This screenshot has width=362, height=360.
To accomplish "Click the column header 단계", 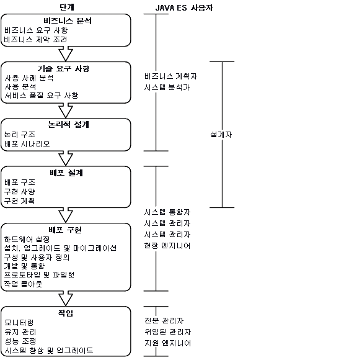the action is point(67,7).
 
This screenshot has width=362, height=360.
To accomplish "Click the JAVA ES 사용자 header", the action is point(183,8).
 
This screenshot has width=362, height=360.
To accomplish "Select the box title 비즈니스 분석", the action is point(68,21).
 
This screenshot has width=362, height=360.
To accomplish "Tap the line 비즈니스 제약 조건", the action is point(35,39).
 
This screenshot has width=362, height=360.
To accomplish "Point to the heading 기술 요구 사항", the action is point(63,68).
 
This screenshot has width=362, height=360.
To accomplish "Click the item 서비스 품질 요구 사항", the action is point(42,95).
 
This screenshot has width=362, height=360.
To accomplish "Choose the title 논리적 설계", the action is point(68,124).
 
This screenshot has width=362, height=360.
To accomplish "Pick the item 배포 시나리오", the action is point(27,144).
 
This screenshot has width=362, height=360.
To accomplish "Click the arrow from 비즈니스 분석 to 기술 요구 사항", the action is point(66,54).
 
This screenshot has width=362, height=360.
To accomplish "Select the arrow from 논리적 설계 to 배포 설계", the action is point(66,158).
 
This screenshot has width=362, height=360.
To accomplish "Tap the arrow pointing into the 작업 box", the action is point(66,299).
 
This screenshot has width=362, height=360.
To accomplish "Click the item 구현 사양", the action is point(20,191).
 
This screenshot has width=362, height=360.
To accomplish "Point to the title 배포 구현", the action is point(65,230).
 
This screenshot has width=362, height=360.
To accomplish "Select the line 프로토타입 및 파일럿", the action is point(39,275).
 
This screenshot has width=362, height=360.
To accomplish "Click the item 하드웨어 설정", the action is point(27,239).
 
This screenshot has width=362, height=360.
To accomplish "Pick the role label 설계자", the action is point(221,135).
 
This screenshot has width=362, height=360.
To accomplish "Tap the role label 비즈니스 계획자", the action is point(171,76).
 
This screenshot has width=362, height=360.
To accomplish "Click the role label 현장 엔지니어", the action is point(167,246).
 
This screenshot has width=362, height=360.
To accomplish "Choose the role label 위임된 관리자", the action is point(168,332).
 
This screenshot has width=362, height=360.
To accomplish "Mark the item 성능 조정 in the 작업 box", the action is point(20,341).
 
